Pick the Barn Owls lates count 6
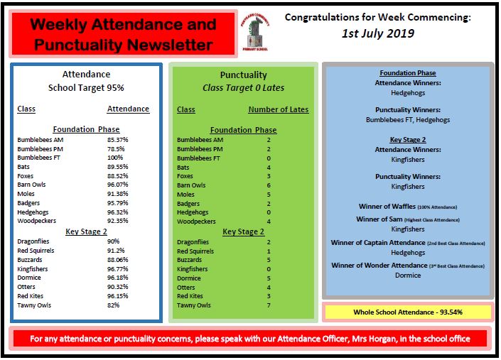coord(269,185)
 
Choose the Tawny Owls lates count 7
coord(269,305)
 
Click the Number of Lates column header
coord(279,109)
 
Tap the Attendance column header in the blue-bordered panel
coord(128,109)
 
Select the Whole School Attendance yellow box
coord(407,312)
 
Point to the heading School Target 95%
coord(86,88)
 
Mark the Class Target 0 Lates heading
coord(244,88)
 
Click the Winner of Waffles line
coord(407,206)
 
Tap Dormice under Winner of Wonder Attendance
coord(407,275)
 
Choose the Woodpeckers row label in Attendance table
coord(40,222)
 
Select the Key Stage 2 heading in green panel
coord(243,231)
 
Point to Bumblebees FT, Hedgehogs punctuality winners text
coord(407,121)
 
